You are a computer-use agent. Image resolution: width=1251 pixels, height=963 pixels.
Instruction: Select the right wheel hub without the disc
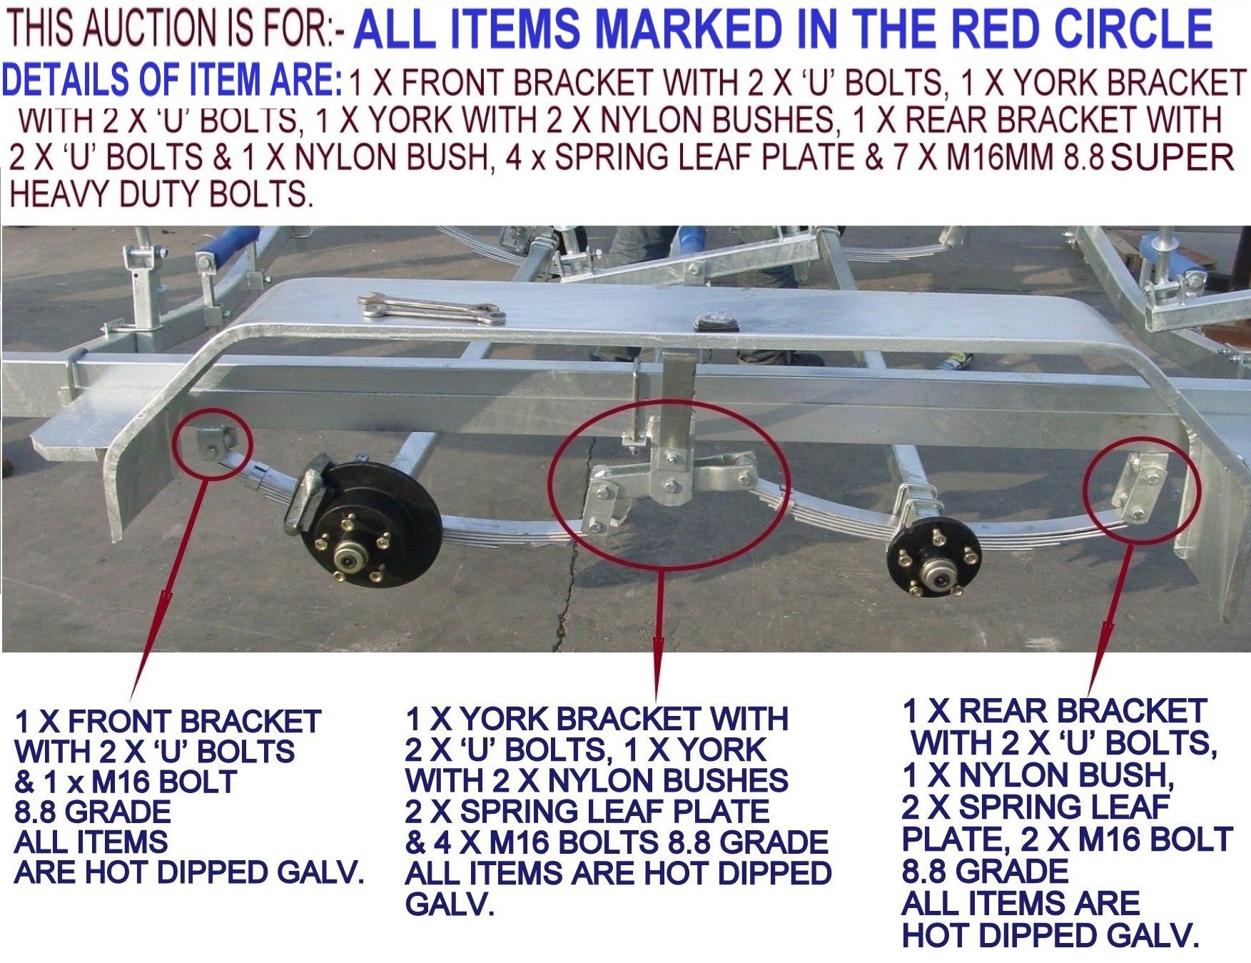pyautogui.click(x=933, y=564)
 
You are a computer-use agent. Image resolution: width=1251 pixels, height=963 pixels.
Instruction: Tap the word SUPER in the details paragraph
pyautogui.click(x=1172, y=158)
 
